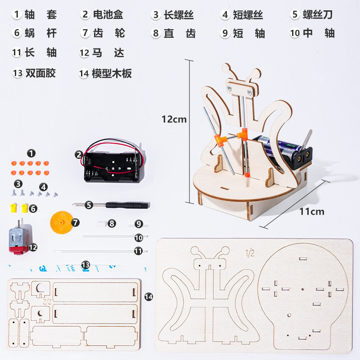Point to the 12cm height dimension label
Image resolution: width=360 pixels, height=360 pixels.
pos(174,119)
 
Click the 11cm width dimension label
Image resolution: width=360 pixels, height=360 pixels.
pos(311,211)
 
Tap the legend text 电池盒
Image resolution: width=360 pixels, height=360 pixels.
pos(108,14)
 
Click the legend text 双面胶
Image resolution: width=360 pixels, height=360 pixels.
pos(40,73)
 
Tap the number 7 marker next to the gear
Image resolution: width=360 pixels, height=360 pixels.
pos(75,222)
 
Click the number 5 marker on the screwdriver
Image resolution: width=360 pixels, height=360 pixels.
pos(89,205)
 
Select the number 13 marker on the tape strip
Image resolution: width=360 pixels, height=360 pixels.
pos(85,265)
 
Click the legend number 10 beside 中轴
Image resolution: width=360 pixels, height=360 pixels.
pos(295,33)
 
